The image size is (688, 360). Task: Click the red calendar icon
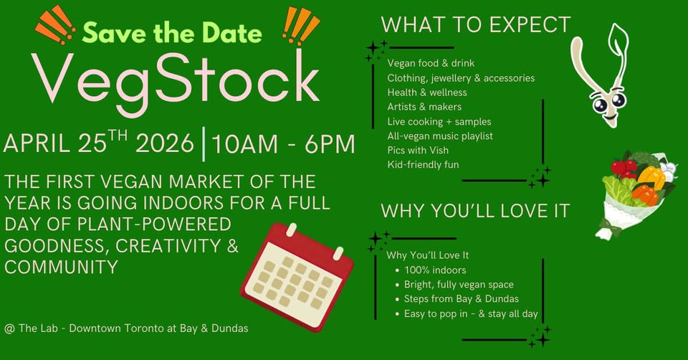(297, 277)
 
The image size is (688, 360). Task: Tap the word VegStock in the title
(176, 81)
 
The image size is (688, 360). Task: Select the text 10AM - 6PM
(284, 144)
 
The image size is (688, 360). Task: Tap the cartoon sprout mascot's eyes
(609, 103)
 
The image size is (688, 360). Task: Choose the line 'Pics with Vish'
(418, 150)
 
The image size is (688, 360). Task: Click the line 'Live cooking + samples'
(439, 122)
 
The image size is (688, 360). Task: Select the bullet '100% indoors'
(435, 270)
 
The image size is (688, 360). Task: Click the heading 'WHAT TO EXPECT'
(476, 24)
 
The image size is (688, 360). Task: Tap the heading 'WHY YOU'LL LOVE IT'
(475, 211)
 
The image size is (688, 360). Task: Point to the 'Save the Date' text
(172, 33)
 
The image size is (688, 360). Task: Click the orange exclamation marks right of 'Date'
(300, 26)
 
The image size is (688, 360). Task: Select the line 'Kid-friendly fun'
(423, 165)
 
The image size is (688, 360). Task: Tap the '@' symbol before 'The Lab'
(9, 328)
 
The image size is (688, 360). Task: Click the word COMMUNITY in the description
(61, 267)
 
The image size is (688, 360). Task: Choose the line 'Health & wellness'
(427, 93)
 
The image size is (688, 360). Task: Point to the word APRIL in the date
(37, 144)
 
